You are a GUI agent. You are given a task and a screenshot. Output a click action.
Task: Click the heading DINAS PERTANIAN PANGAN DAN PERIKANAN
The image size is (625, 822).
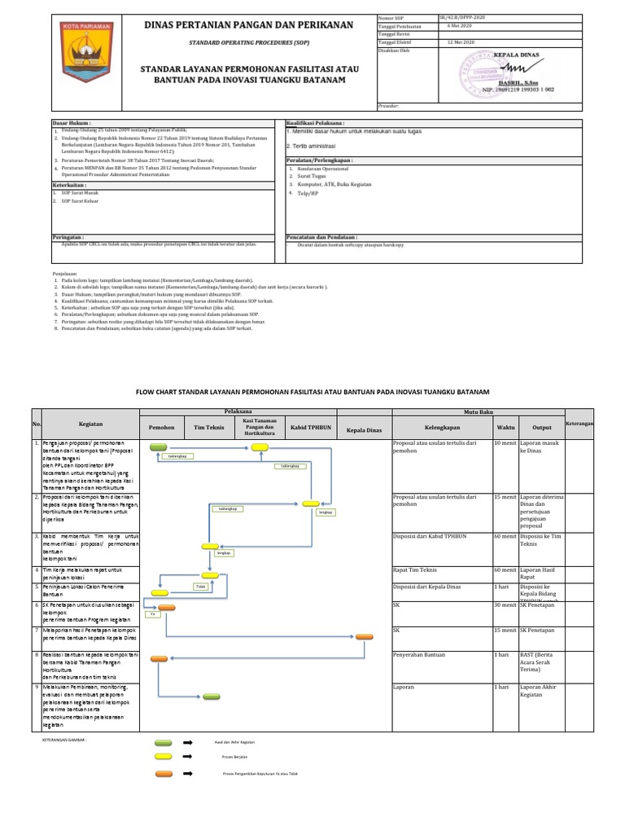(249, 25)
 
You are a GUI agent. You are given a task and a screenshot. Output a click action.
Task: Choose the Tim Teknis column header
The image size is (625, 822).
(208, 427)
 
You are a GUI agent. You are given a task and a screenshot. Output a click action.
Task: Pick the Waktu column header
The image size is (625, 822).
(505, 427)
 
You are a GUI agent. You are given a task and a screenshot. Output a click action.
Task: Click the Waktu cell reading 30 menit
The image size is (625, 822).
(505, 605)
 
